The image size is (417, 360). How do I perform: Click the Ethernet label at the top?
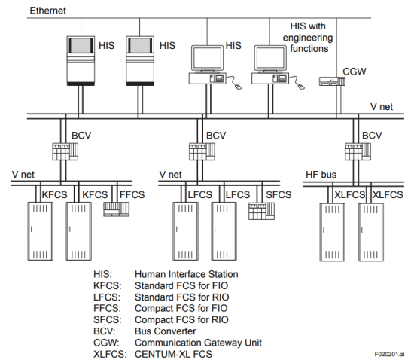(48, 11)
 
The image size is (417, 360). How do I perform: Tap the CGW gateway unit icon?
(332, 81)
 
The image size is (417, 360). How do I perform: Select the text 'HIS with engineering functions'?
(308, 38)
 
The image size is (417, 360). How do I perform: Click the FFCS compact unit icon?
(116, 209)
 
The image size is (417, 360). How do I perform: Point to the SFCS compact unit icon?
(261, 212)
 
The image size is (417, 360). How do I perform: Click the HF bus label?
(321, 175)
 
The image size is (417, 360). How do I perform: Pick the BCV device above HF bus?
(358, 151)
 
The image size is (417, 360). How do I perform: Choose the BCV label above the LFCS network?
(216, 136)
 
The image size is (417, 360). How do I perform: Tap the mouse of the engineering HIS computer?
(301, 87)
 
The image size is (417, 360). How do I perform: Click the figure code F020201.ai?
(389, 354)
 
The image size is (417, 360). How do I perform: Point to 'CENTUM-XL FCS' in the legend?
(173, 354)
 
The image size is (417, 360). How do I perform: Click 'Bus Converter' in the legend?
(166, 331)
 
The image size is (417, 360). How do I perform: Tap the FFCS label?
(132, 195)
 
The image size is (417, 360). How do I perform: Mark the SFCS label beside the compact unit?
(279, 195)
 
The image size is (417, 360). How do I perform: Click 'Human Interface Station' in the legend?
(187, 274)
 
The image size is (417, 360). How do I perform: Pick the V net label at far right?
(382, 107)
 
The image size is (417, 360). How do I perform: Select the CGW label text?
(355, 72)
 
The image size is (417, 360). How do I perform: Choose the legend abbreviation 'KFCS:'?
(108, 285)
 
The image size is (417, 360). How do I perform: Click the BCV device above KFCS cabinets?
(65, 151)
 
